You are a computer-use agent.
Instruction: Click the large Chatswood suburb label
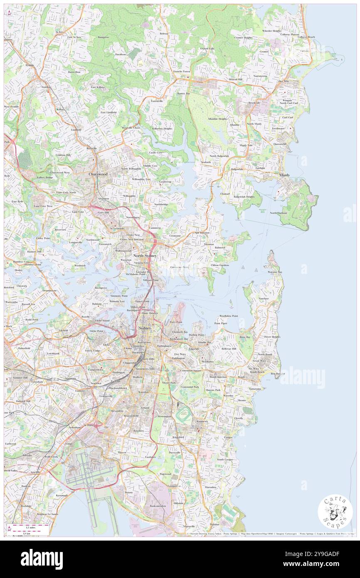[x=98, y=175]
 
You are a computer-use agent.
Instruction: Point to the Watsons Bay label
[x=275, y=272]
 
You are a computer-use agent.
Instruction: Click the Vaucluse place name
[x=264, y=299]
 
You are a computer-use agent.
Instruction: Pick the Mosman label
[x=209, y=245]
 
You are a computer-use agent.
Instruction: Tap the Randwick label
[x=202, y=421]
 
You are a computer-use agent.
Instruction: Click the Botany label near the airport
[x=129, y=492]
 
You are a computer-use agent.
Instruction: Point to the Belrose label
[x=164, y=33]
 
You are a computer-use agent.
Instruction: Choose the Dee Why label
[x=284, y=82]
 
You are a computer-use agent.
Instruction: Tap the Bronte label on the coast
[x=242, y=400]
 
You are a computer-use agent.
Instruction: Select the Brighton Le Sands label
[x=47, y=514]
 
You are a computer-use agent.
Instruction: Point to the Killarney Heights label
[x=162, y=128]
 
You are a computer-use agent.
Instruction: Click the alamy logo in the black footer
[x=42, y=559]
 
